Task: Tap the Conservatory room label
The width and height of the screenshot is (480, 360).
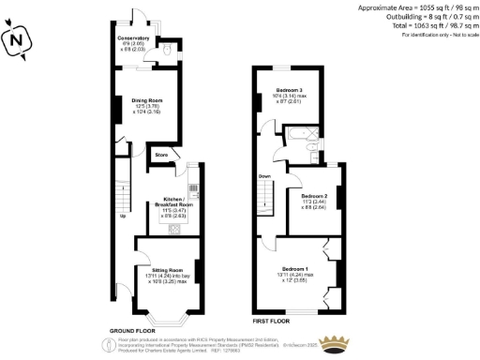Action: pos(133,39)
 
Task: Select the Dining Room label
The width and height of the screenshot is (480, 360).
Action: pos(148,98)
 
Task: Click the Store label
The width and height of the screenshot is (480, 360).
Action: pos(160,153)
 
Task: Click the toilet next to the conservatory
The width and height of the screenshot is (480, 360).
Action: pos(166,52)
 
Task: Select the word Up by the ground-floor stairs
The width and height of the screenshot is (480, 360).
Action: pos(121,216)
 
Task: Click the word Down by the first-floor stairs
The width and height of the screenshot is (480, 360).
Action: pos(264,175)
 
